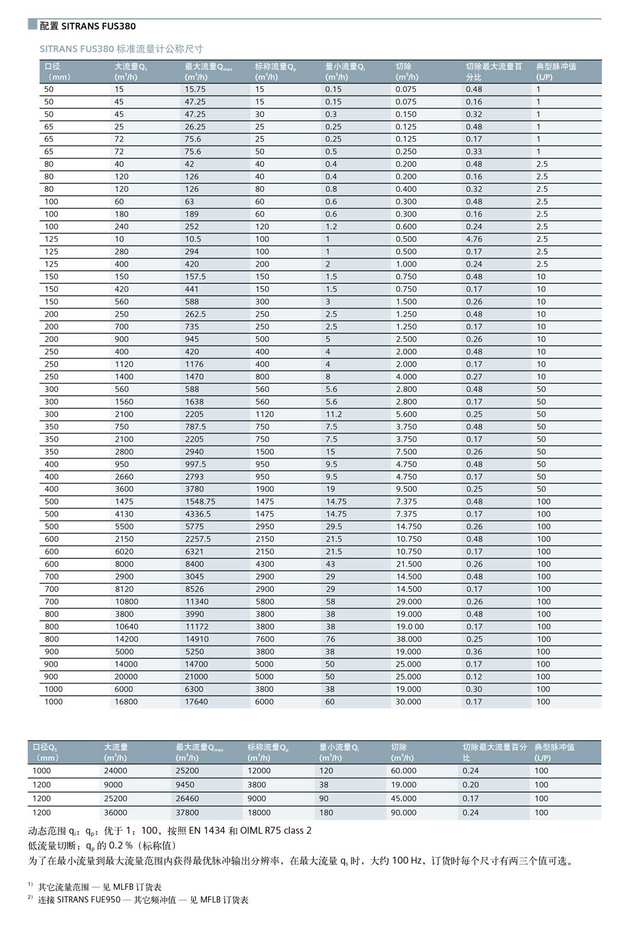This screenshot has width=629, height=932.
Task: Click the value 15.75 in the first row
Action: point(195,89)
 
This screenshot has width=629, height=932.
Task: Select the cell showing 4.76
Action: point(474,239)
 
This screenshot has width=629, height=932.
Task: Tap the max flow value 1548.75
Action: point(200,502)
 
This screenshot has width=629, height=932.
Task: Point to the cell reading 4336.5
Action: point(198,514)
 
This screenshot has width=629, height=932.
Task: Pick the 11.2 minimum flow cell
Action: point(333,414)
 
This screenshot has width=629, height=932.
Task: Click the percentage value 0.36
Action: point(474,652)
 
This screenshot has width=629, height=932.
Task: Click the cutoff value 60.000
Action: point(403,771)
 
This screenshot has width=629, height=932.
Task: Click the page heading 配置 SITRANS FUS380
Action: point(87,26)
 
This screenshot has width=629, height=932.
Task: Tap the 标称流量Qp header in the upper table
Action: point(275,67)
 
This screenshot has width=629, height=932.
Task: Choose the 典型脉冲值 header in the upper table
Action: point(556,67)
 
